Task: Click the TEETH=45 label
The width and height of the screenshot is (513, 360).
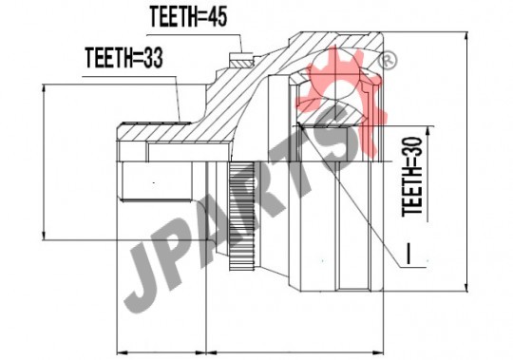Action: [188, 17]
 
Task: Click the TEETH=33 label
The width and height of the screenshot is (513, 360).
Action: [124, 58]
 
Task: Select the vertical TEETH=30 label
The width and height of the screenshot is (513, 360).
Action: [412, 177]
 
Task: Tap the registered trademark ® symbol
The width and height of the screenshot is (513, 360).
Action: [388, 61]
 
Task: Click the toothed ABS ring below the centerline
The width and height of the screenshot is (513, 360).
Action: [242, 216]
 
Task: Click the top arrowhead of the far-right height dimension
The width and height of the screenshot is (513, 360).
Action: [466, 35]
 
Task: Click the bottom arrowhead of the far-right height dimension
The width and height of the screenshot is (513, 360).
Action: [466, 288]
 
